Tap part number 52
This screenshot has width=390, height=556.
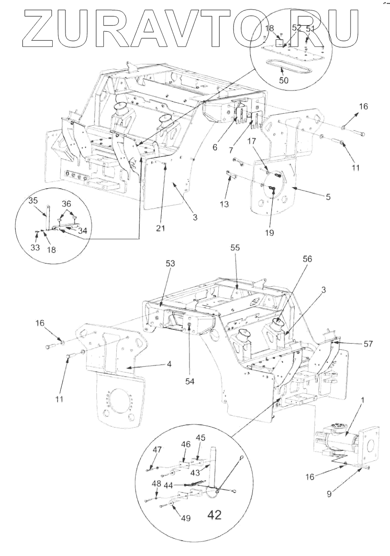point(297,28)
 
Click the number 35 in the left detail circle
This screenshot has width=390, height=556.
point(33,201)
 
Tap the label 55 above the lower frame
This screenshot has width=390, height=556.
point(235,247)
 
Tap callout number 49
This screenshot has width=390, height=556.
point(186,519)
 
